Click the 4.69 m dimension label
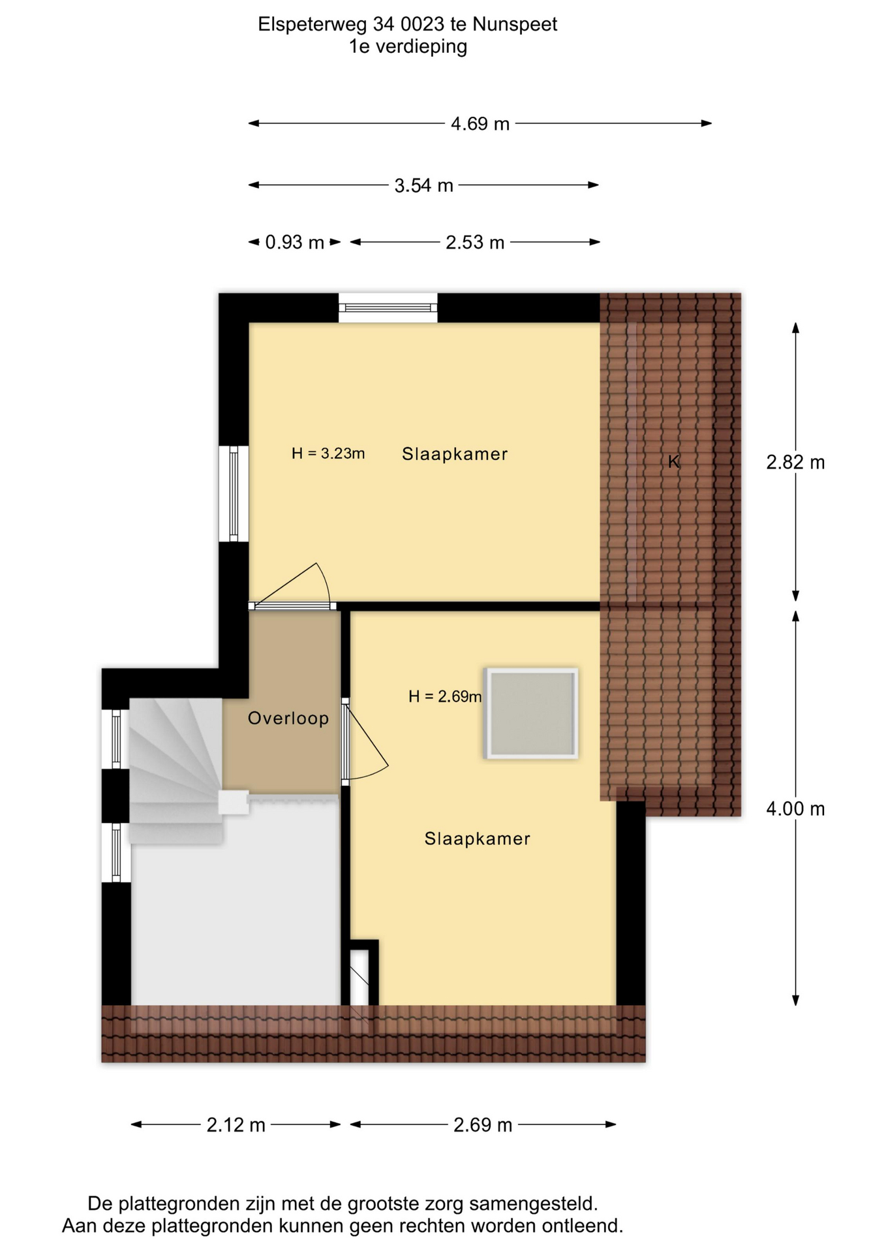pyautogui.click(x=480, y=123)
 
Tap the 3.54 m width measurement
pyautogui.click(x=423, y=185)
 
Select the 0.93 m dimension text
pyautogui.click(x=294, y=243)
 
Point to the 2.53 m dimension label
pyautogui.click(x=475, y=243)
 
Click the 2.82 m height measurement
pyautogui.click(x=795, y=463)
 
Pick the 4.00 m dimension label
pyautogui.click(x=795, y=809)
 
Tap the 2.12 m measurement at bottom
pyautogui.click(x=236, y=1125)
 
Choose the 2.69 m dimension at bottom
pyautogui.click(x=483, y=1125)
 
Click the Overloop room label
pyautogui.click(x=288, y=719)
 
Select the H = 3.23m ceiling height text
pyautogui.click(x=328, y=453)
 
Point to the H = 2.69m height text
pyautogui.click(x=445, y=696)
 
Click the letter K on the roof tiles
pyautogui.click(x=674, y=462)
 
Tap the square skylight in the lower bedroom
pyautogui.click(x=531, y=713)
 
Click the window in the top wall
pyautogui.click(x=388, y=307)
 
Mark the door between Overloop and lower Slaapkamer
pyautogui.click(x=346, y=741)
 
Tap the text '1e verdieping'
pyautogui.click(x=408, y=47)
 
